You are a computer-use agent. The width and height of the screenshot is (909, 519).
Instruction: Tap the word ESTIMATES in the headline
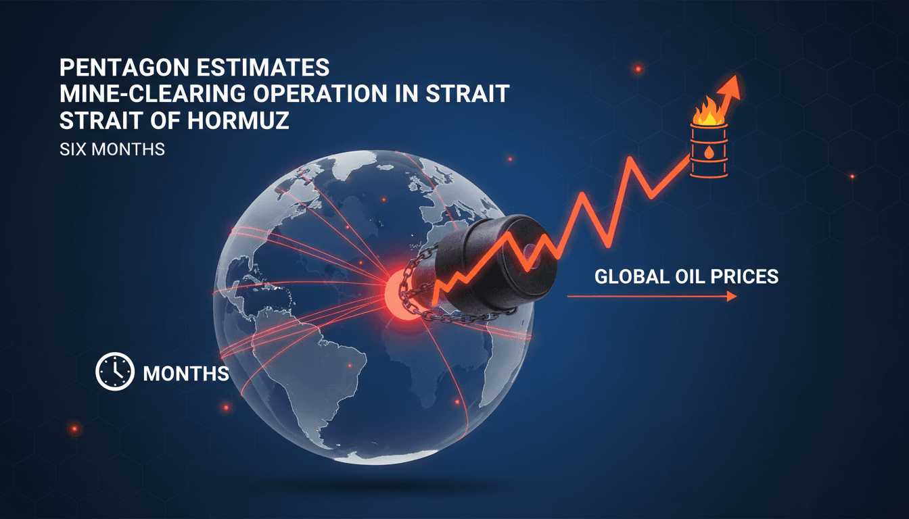click(x=263, y=70)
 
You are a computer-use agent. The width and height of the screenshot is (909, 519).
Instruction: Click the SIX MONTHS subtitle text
click(x=112, y=149)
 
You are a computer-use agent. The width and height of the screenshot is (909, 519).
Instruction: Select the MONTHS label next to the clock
click(x=186, y=373)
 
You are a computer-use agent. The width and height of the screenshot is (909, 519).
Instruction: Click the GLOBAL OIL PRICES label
click(x=686, y=276)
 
